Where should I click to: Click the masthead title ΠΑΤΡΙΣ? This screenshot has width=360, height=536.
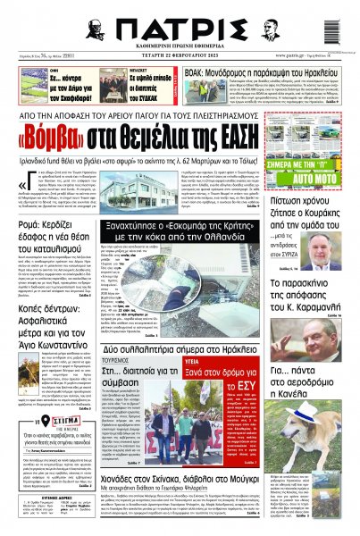[179, 26]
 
